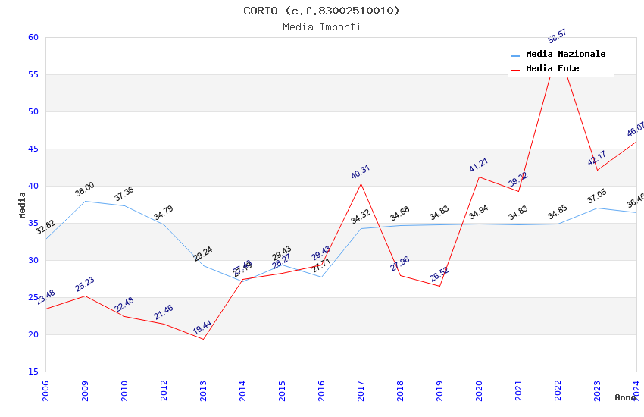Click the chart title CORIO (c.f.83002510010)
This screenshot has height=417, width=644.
point(321,11)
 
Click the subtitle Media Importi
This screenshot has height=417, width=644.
point(321,27)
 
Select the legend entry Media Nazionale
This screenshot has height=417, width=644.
point(565,54)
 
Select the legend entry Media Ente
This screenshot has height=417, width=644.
point(552,68)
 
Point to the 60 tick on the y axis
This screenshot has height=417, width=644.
point(33,37)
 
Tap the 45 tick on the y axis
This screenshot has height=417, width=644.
point(33,149)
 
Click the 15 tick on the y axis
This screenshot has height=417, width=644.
point(33,372)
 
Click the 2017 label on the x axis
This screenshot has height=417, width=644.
point(361,390)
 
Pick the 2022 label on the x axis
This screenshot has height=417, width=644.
point(558,390)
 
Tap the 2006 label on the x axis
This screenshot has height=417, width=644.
point(45,390)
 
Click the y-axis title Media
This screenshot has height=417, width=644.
point(23,205)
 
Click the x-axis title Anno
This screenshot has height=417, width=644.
point(625,397)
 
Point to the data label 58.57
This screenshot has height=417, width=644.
point(557,36)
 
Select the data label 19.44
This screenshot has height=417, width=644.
point(202,327)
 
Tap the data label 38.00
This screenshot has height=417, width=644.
point(84,189)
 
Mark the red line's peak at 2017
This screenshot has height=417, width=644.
point(361,183)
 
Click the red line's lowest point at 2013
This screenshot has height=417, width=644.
point(203,339)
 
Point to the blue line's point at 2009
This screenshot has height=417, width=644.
point(85,201)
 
